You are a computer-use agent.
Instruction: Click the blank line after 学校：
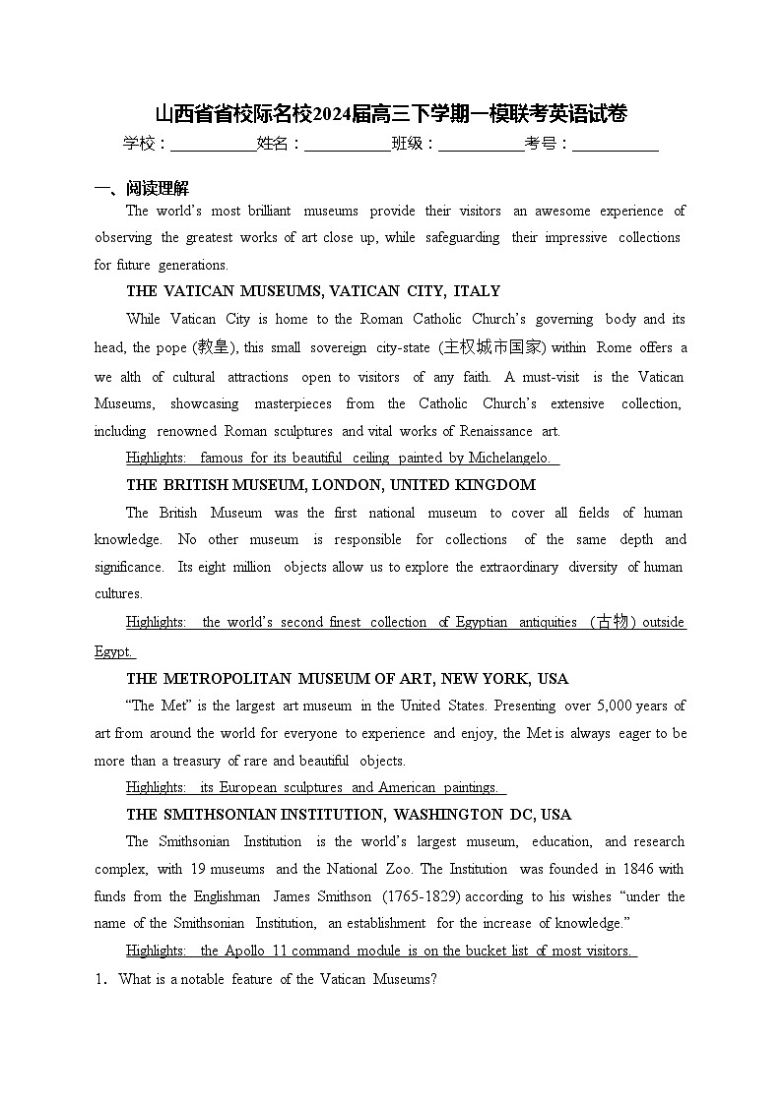[x=213, y=145]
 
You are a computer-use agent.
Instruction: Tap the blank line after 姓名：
[x=347, y=145]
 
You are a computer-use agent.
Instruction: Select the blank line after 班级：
[x=481, y=145]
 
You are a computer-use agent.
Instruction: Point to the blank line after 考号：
[x=615, y=145]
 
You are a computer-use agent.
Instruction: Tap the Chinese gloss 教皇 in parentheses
[x=212, y=347]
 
